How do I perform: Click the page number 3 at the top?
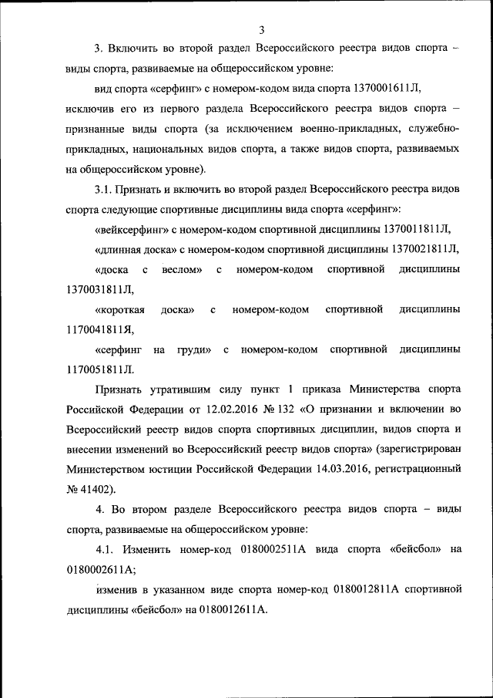(x=261, y=30)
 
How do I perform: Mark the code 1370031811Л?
(x=100, y=289)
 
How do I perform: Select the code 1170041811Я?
(x=100, y=329)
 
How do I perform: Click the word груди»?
(x=194, y=349)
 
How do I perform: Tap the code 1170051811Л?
(x=100, y=369)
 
